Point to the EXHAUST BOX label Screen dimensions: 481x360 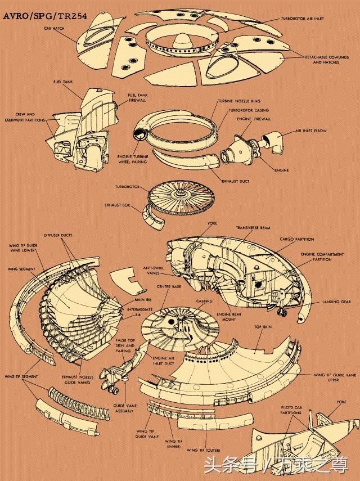pos(118,206)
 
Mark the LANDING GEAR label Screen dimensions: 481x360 pos(337,302)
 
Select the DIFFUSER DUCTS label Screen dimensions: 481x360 pos(58,235)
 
